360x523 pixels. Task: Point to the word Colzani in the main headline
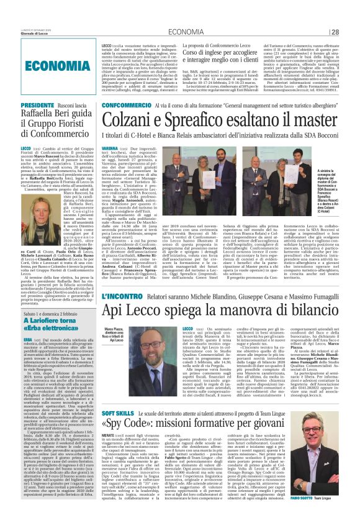(127, 119)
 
